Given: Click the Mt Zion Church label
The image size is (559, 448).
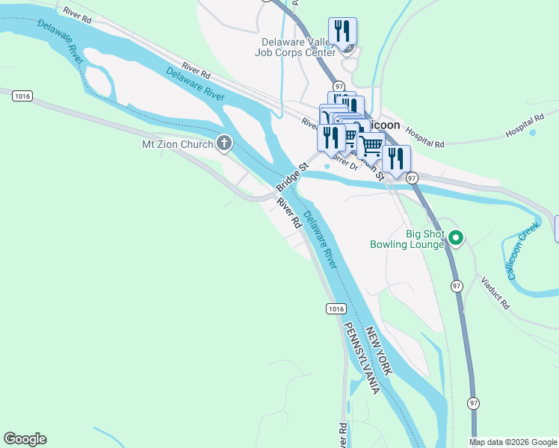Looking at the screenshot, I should click(x=178, y=144).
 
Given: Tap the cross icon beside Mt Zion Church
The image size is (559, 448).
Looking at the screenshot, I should click(x=223, y=144).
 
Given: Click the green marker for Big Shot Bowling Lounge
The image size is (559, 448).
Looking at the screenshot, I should click(x=456, y=239).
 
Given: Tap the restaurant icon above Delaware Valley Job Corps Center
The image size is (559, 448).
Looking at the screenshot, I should click(x=343, y=31).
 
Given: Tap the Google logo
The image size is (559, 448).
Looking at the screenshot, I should click(x=25, y=439).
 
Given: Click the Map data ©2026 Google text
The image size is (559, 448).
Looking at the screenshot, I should click(x=512, y=442).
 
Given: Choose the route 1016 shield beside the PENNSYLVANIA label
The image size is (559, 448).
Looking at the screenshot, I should click(x=336, y=308).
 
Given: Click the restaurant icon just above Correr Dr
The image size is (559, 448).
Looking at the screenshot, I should click(x=330, y=137).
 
